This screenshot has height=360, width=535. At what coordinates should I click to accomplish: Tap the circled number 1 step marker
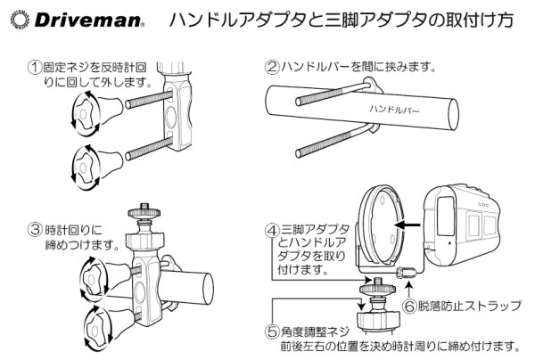coord(34,66)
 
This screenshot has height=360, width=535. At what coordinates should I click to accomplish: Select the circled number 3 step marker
coord(34,228)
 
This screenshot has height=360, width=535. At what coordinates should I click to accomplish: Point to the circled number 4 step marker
coord(275,229)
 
